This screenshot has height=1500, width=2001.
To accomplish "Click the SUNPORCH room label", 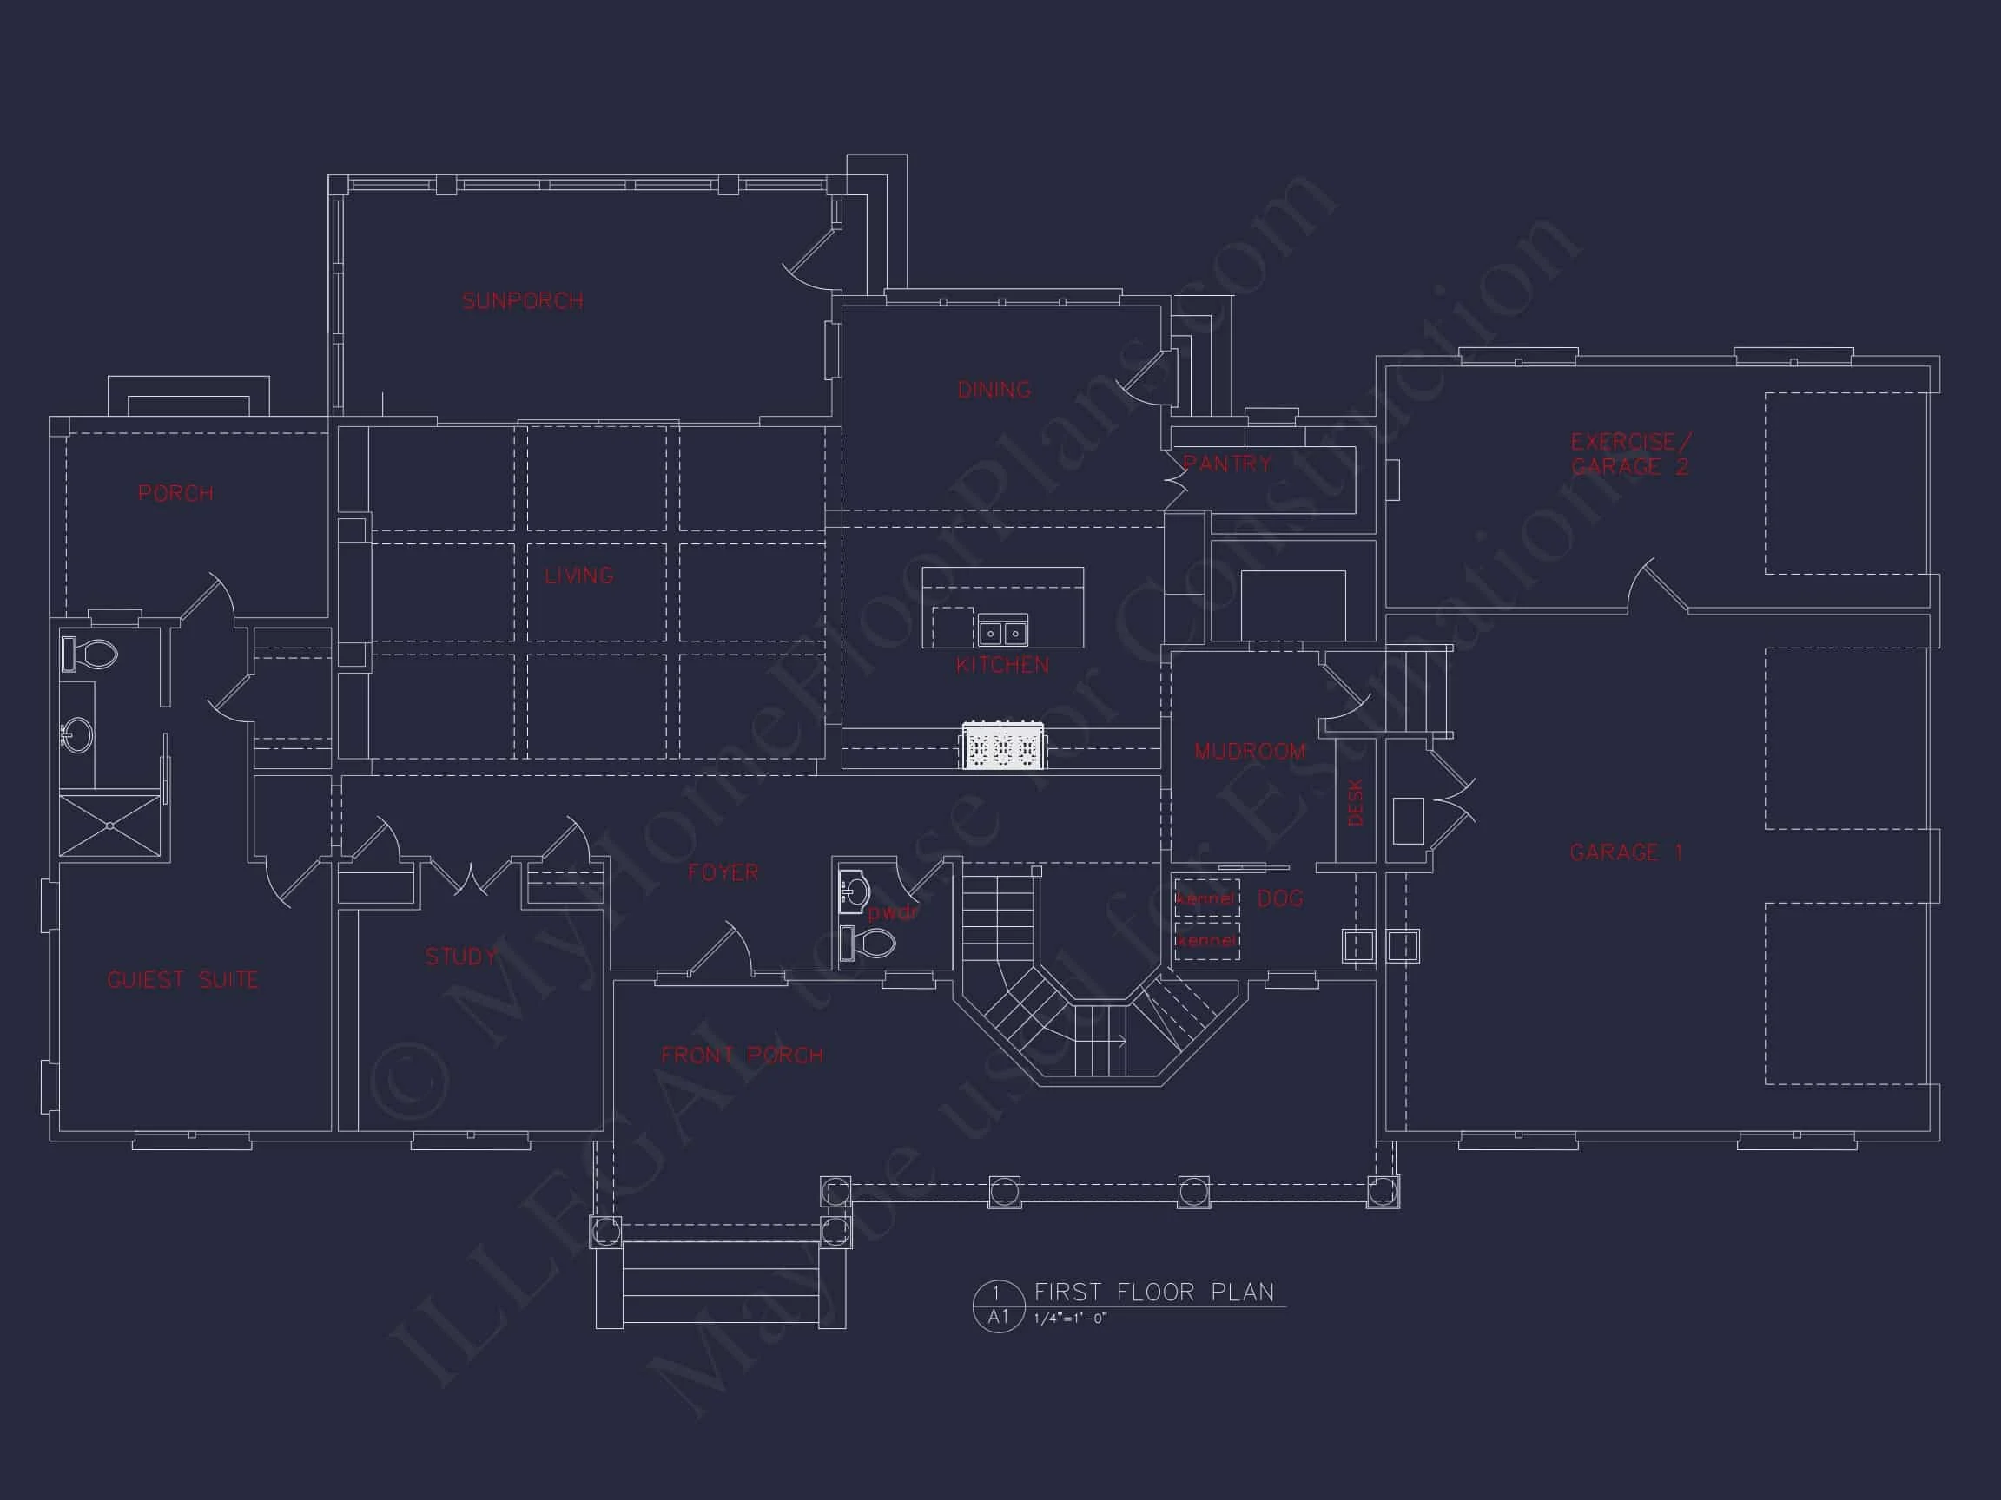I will [522, 301].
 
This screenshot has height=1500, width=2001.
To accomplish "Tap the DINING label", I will [994, 390].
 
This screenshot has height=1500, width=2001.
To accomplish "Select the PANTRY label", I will [1227, 464].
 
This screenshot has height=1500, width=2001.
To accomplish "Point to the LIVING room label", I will [579, 575].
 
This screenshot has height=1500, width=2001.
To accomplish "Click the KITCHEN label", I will [1002, 666].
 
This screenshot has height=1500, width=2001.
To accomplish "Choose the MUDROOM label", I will [1250, 752].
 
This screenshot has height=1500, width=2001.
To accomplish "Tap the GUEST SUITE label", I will [182, 980].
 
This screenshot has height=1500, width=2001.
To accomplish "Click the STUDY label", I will [461, 957].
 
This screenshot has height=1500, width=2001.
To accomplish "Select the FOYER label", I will [723, 872].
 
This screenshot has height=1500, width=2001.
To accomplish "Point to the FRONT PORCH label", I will [742, 1056].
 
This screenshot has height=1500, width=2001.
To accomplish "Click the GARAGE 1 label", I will [1626, 852].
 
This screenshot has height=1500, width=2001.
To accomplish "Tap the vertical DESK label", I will [1355, 802].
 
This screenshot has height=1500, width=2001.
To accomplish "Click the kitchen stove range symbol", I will [1002, 747].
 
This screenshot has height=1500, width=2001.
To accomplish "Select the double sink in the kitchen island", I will [1002, 631].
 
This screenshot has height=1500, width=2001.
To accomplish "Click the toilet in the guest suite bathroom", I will [90, 654].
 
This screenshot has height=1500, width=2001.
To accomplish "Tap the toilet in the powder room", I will [868, 943].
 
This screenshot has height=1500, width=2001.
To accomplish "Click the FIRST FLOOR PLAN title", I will [1153, 1292].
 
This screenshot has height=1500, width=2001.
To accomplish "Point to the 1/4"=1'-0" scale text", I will [1070, 1319].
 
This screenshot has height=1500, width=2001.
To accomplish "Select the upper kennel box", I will [1205, 898].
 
